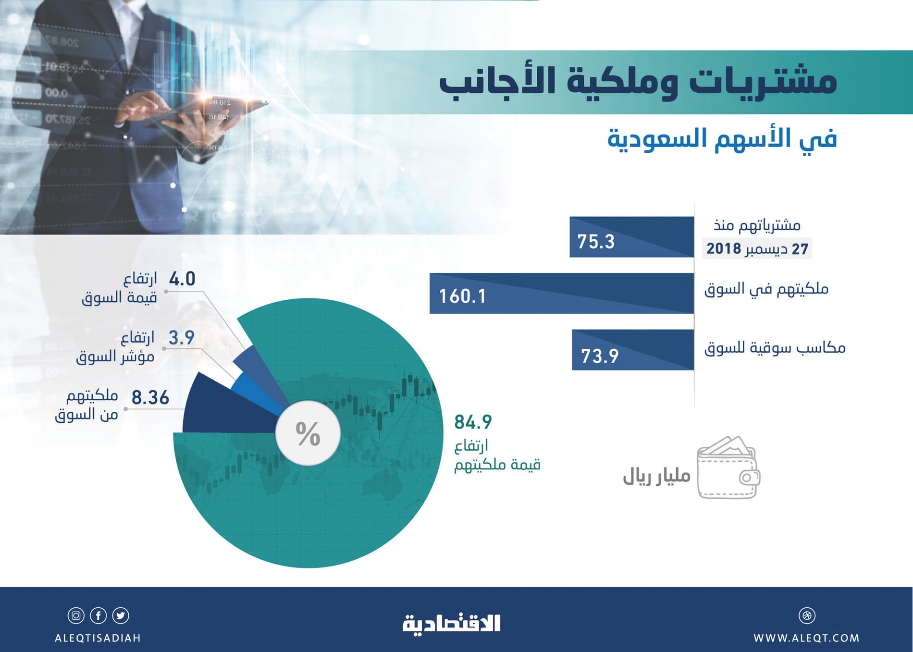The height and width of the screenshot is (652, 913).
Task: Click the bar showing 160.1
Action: (x=561, y=294)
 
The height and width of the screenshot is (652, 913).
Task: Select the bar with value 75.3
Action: (x=631, y=237)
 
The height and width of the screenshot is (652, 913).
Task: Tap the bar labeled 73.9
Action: (x=632, y=350)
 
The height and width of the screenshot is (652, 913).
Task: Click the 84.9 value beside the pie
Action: (x=473, y=422)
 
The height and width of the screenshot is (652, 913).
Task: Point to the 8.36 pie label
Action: (x=150, y=398)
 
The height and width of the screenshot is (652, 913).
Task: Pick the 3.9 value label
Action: (x=181, y=338)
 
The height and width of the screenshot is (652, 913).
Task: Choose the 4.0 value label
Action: (x=182, y=279)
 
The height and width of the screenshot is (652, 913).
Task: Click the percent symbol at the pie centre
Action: (x=308, y=433)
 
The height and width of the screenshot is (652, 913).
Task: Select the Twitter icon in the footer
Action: (x=121, y=615)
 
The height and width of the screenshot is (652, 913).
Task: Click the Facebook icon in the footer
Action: (x=99, y=615)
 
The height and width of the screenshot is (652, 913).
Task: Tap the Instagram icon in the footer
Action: (x=76, y=615)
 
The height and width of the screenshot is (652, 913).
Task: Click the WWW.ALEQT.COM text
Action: (x=806, y=638)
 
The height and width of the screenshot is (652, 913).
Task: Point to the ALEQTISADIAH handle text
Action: (x=98, y=638)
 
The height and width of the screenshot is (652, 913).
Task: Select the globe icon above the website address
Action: (x=807, y=615)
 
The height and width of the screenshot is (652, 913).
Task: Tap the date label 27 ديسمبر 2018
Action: (x=757, y=249)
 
